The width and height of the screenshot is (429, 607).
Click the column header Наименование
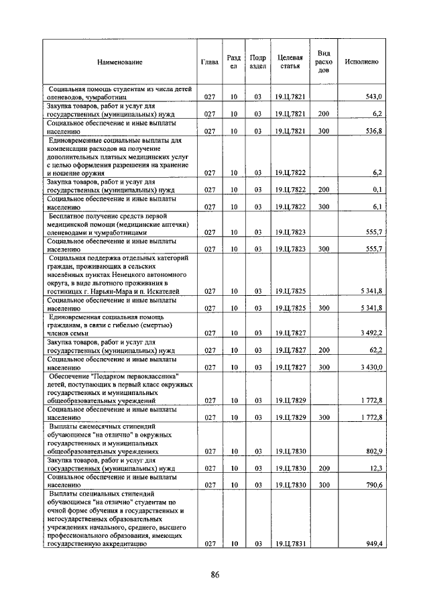click(120, 62)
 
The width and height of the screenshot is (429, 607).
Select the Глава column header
click(210, 62)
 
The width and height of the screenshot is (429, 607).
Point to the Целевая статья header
click(290, 62)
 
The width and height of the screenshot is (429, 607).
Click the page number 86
click(215, 574)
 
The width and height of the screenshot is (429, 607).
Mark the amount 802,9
click(373, 451)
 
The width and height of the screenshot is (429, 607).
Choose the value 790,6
click(373, 484)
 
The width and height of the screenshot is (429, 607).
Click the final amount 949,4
click(373, 544)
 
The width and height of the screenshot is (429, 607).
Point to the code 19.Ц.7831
click(290, 544)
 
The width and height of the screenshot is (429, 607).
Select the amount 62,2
click(374, 350)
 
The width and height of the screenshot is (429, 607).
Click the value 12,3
click(374, 468)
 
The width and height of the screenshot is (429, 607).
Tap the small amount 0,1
click(377, 190)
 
